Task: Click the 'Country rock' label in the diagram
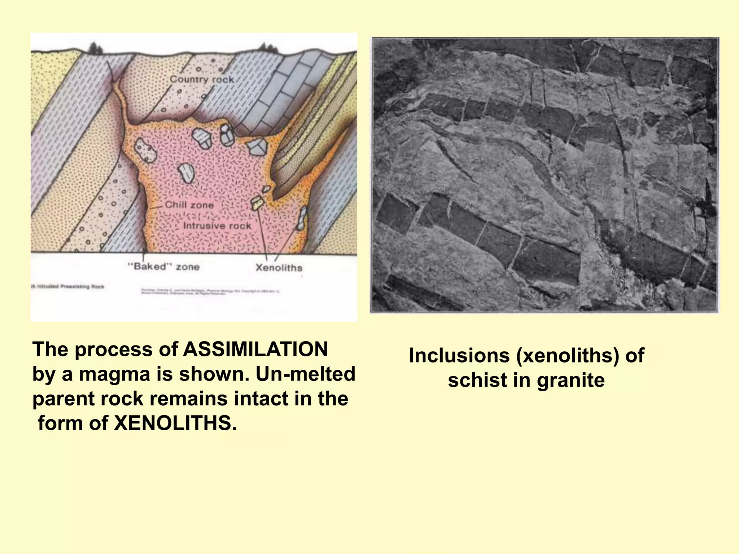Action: pyautogui.click(x=201, y=79)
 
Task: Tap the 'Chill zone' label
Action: pyautogui.click(x=189, y=205)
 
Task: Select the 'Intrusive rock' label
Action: pyautogui.click(x=217, y=226)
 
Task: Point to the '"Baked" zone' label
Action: pyautogui.click(x=163, y=267)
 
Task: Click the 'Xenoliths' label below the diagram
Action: pyautogui.click(x=279, y=268)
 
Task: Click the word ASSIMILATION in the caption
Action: pyautogui.click(x=255, y=349)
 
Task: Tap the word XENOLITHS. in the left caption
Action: pyautogui.click(x=175, y=423)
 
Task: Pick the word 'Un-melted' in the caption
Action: pyautogui.click(x=305, y=374)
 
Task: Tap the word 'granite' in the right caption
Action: pyautogui.click(x=570, y=381)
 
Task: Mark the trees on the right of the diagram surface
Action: pyautogui.click(x=268, y=47)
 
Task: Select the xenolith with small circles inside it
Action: pyautogui.click(x=145, y=150)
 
